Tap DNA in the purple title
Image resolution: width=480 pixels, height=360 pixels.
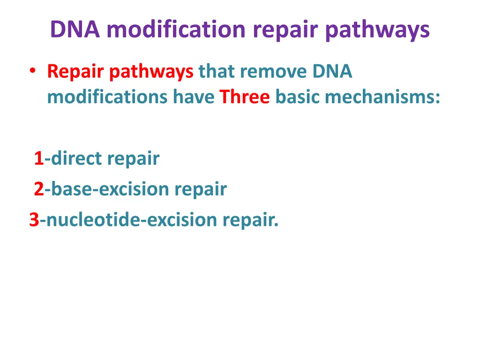75,30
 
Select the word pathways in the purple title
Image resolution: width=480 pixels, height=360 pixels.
377,30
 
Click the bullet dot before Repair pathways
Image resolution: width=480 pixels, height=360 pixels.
32,71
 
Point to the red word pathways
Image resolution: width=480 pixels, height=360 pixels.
151,72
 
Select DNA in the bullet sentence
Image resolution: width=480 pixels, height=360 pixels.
332,72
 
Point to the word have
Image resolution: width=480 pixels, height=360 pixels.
194,97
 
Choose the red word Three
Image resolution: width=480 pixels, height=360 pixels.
245,97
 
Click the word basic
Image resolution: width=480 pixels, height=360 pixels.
298,97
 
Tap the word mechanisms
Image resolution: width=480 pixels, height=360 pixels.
382,97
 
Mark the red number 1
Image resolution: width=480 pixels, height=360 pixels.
38,159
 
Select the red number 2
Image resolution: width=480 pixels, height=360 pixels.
38,189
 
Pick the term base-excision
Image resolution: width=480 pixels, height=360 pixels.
110,189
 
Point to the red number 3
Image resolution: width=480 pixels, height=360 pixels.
34,219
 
